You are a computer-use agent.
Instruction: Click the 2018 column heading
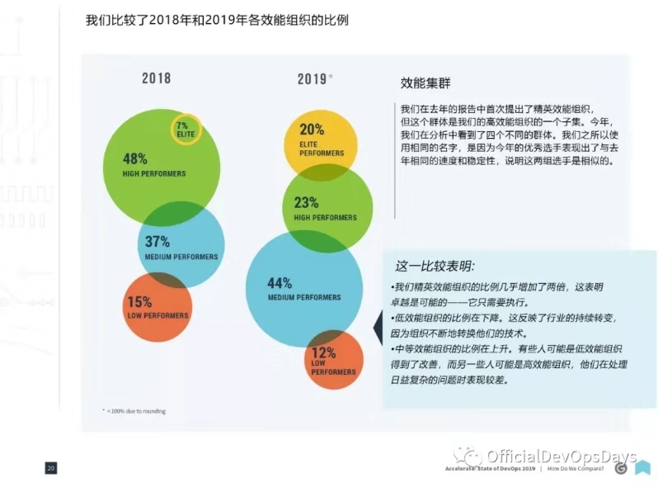(x=156, y=78)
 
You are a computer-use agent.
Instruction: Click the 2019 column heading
(x=313, y=79)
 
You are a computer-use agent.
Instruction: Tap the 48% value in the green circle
(x=135, y=158)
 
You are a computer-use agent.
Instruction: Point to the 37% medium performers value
(x=157, y=242)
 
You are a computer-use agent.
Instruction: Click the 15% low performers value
(x=139, y=302)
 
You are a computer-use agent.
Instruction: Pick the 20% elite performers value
(x=312, y=130)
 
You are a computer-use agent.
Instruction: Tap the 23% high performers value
(x=307, y=203)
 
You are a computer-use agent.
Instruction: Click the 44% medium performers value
(x=280, y=283)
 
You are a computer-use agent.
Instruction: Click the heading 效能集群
(x=423, y=83)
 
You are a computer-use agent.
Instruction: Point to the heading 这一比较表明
(x=435, y=266)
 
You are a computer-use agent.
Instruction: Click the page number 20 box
(x=51, y=468)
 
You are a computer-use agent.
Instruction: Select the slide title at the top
(x=217, y=19)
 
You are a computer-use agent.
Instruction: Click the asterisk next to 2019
(x=331, y=77)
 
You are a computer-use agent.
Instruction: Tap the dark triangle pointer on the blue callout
(x=378, y=330)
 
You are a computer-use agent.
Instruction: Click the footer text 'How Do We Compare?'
(x=576, y=469)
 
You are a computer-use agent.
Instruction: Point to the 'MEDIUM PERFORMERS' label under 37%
(x=181, y=257)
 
